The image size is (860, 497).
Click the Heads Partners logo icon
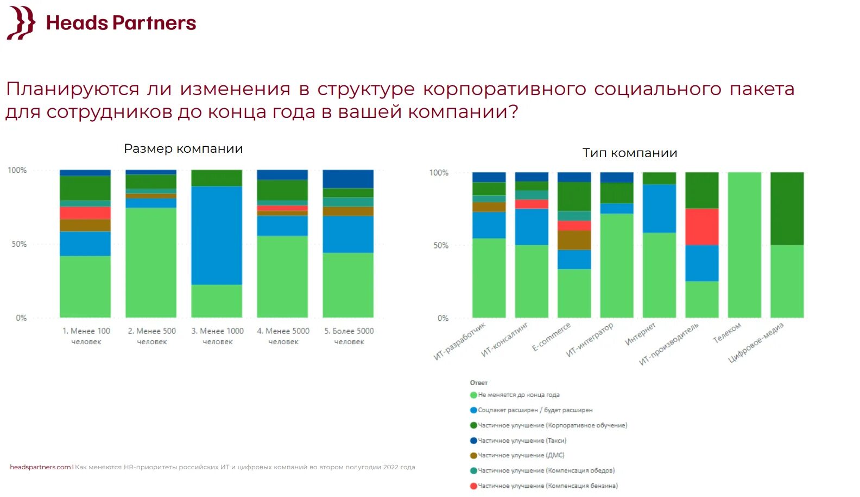click(x=21, y=23)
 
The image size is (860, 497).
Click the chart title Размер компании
click(x=184, y=148)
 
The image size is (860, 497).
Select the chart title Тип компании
click(x=630, y=153)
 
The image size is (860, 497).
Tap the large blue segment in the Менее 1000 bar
click(x=217, y=235)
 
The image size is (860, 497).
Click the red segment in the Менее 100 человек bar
click(x=85, y=213)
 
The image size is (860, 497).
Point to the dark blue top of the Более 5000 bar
click(x=348, y=178)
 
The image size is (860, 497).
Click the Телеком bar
click(x=744, y=245)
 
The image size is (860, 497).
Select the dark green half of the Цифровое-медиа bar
click(x=787, y=208)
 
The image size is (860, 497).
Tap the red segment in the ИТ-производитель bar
click(x=701, y=226)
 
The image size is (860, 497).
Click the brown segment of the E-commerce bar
click(x=574, y=240)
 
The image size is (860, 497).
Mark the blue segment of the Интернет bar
click(x=659, y=208)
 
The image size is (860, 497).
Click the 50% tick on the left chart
click(x=19, y=244)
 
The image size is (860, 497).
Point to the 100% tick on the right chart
click(x=439, y=172)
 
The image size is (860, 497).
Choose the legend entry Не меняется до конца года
click(x=518, y=395)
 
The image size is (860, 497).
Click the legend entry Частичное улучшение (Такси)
click(x=521, y=440)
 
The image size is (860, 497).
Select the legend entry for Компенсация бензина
click(x=547, y=486)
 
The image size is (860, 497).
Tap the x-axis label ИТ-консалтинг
click(x=504, y=340)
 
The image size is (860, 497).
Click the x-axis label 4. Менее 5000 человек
click(x=283, y=336)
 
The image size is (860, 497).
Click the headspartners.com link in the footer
click(x=40, y=467)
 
